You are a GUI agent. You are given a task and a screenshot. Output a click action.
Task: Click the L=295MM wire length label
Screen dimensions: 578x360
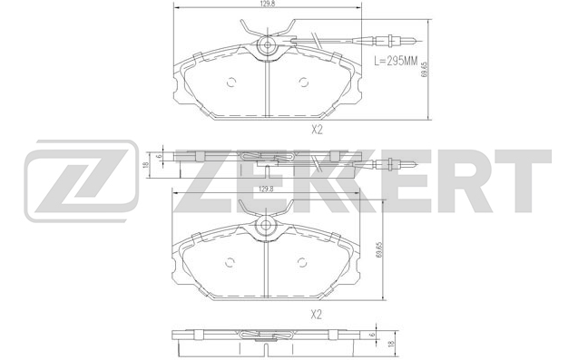point(396,61)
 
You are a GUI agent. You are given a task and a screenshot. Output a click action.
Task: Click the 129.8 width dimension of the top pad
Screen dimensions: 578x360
point(269,4)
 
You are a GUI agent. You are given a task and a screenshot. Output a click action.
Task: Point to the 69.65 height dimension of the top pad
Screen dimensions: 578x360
point(424,69)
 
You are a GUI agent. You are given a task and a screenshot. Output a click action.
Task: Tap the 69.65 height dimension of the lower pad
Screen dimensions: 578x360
point(378,250)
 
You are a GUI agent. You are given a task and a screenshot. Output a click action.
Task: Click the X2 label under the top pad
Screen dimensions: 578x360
point(317,130)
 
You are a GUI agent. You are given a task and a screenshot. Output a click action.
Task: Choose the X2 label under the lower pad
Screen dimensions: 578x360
point(317,315)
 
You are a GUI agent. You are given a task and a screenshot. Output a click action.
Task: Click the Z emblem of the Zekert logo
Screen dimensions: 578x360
point(82,181)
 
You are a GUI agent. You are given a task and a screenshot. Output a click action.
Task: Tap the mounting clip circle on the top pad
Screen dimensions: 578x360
point(268,45)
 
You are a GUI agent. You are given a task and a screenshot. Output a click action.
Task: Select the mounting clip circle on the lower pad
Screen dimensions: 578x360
point(266,225)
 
